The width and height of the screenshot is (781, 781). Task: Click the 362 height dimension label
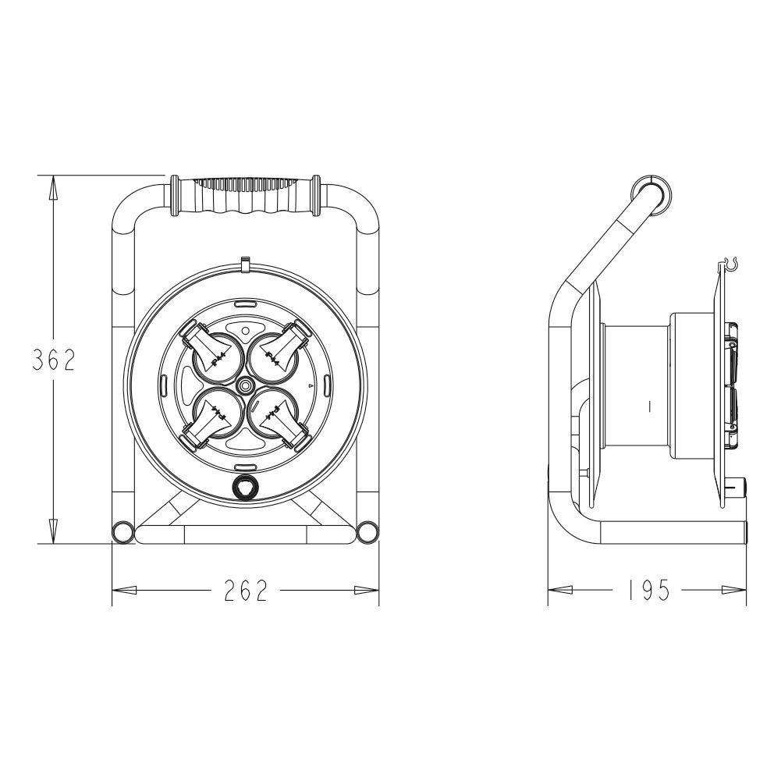[52, 360]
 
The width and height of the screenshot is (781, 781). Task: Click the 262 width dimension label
[246, 591]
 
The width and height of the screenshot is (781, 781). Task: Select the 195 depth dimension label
[648, 591]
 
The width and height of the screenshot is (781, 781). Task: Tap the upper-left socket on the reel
[213, 354]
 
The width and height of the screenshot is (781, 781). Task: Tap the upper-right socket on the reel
[276, 354]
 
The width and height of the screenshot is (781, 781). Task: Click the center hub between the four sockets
[245, 385]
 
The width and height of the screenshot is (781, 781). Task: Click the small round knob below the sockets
[245, 487]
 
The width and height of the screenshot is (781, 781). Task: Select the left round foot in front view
[122, 533]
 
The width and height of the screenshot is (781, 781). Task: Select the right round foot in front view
[367, 533]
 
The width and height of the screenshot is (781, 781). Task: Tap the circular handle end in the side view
[650, 193]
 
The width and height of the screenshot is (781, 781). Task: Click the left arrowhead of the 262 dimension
[125, 591]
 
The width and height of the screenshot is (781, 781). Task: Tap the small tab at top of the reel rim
[245, 264]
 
